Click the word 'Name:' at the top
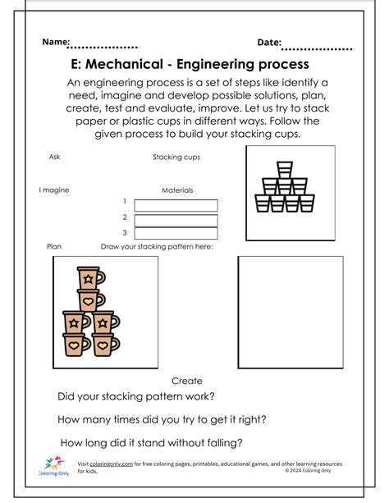coord(56,42)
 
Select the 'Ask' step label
coord(55,156)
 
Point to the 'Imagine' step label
coord(54,190)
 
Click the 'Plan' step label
coord(55,245)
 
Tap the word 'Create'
coord(187,381)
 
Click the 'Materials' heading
coord(177,190)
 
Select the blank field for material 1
coord(176,205)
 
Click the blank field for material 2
coord(176,220)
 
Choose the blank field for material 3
coord(176,235)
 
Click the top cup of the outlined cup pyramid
coord(284,169)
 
